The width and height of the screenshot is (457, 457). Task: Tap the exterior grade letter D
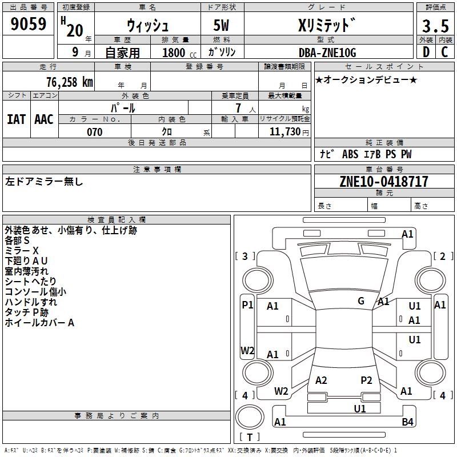[x=426, y=52]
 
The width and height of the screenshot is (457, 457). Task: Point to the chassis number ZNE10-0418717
[x=384, y=182]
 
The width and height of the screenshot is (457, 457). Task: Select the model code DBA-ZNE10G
[x=327, y=53]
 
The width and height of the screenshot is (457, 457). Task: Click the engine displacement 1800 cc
[x=174, y=53]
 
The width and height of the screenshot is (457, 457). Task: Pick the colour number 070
[x=94, y=132]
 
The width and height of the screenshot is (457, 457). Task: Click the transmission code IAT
[x=16, y=119]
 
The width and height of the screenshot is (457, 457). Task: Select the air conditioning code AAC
[x=44, y=119]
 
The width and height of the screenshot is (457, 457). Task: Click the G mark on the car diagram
[x=361, y=300]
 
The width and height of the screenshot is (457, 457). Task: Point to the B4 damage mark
[x=407, y=422]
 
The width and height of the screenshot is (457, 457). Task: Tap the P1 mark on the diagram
[x=247, y=305]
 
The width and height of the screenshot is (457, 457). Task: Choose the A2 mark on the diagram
[x=321, y=380]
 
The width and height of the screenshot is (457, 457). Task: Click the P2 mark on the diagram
[x=366, y=380]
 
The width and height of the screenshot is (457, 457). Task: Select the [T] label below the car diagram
[x=250, y=438]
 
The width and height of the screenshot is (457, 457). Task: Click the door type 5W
[x=222, y=26]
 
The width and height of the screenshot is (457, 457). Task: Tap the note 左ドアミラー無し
[x=45, y=182]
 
